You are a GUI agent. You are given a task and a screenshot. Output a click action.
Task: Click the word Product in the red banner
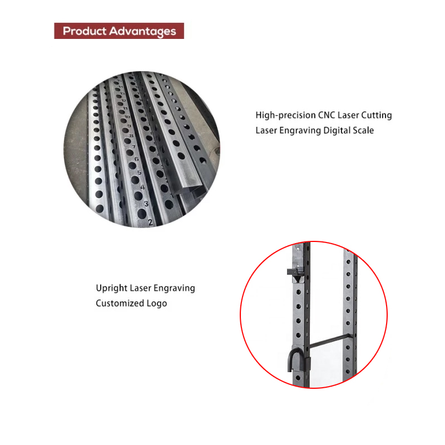(85, 31)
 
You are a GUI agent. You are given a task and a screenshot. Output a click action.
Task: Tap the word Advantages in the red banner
(143, 32)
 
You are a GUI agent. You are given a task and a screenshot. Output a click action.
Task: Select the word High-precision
(285, 115)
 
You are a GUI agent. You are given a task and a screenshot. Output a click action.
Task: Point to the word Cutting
(377, 115)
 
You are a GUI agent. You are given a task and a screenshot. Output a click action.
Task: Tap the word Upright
(112, 288)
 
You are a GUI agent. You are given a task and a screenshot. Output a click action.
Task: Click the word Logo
(157, 304)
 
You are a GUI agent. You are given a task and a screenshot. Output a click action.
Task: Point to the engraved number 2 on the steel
(150, 222)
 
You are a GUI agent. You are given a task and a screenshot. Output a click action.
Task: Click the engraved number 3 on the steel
(146, 204)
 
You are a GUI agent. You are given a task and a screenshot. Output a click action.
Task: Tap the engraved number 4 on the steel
(142, 187)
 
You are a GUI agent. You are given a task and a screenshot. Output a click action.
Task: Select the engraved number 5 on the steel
(140, 172)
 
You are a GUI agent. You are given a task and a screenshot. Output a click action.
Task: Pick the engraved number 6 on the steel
(136, 159)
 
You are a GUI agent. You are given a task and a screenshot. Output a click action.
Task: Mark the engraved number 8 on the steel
(131, 136)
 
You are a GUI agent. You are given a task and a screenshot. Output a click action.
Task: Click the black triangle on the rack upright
(297, 279)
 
